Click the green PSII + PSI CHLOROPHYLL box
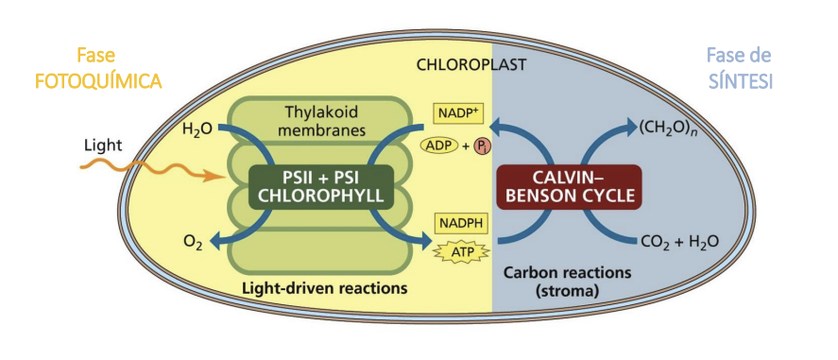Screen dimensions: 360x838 pyautogui.click(x=320, y=185)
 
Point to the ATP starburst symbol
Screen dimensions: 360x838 pyautogui.click(x=458, y=252)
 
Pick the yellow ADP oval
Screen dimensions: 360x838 pyautogui.click(x=438, y=145)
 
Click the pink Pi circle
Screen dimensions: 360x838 pyautogui.click(x=482, y=146)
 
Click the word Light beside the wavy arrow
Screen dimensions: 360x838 pyautogui.click(x=102, y=146)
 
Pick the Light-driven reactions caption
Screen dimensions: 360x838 pyautogui.click(x=323, y=285)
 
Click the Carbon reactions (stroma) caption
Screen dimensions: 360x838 pyautogui.click(x=567, y=282)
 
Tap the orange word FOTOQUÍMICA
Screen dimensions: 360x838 pyautogui.click(x=98, y=81)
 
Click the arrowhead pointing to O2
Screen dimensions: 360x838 pyautogui.click(x=214, y=242)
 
